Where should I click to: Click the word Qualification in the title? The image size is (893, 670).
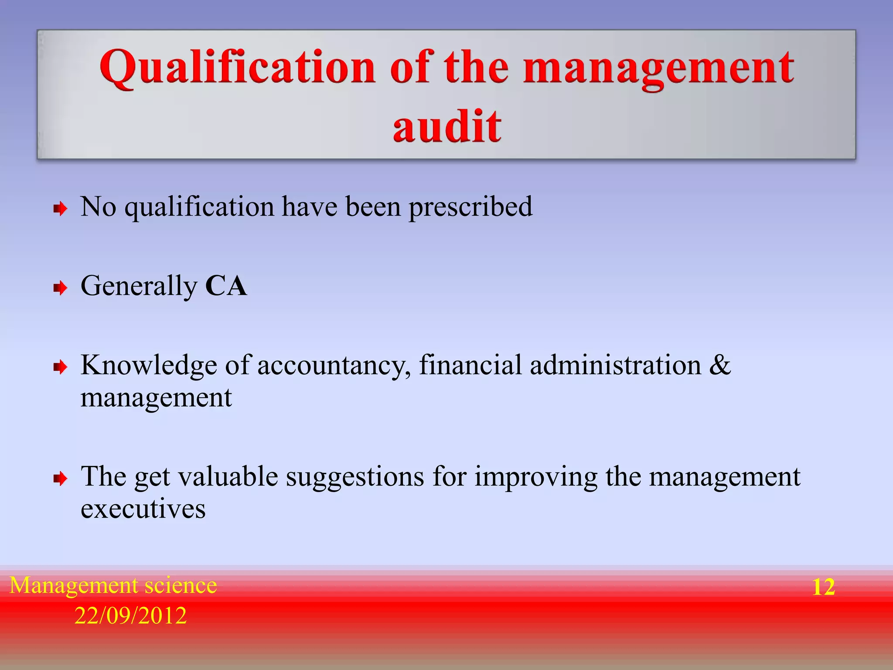238,68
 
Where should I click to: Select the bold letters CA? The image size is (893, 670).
226,286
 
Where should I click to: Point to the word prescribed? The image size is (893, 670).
470,207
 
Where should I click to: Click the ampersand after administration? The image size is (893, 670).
720,365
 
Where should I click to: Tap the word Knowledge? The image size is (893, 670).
149,366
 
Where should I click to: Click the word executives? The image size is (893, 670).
143,509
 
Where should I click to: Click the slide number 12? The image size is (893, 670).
824,587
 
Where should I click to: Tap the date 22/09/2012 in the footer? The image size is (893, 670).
130,616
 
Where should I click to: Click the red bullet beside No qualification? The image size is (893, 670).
60,209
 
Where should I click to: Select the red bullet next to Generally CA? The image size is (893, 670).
60,288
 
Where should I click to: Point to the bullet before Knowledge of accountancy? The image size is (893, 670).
60,367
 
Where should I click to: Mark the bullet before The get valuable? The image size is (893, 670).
60,479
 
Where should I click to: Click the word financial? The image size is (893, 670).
470,365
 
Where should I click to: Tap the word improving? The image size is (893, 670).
536,477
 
